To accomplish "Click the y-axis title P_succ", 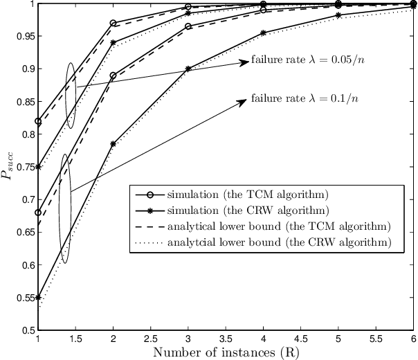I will click(9, 167).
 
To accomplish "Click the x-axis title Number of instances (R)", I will click(225, 352).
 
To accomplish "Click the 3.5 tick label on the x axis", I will click(225, 339).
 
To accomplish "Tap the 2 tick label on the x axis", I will click(113, 339).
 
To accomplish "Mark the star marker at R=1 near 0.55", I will click(38, 298).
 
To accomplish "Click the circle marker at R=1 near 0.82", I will click(38, 121).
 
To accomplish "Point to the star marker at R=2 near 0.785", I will click(113, 144).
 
